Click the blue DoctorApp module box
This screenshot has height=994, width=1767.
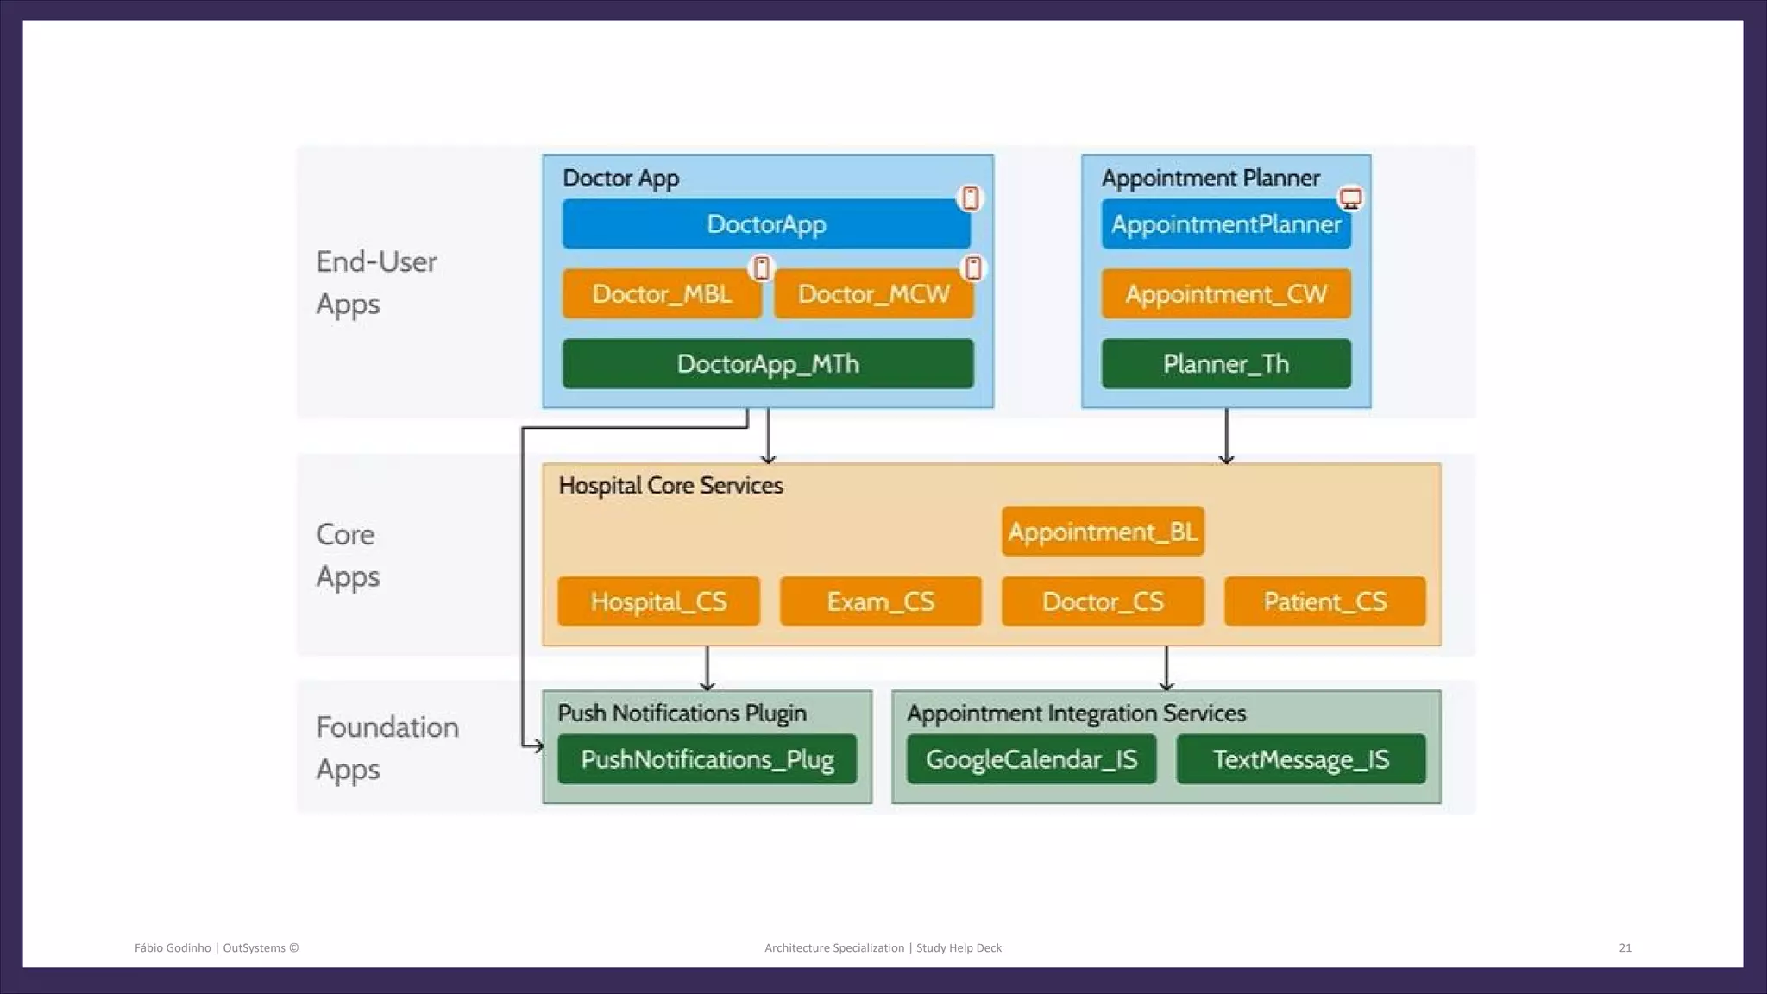click(x=766, y=224)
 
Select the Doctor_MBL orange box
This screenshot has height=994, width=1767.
click(x=662, y=294)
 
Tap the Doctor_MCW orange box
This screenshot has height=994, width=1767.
click(x=873, y=294)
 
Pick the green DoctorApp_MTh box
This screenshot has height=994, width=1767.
click(x=767, y=364)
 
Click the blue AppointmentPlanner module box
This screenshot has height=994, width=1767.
click(x=1225, y=224)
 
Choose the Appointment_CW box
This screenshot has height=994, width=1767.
click(x=1225, y=294)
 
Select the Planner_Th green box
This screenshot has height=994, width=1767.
click(x=1225, y=364)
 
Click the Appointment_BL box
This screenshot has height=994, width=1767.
click(x=1103, y=532)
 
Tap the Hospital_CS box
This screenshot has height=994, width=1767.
click(x=658, y=601)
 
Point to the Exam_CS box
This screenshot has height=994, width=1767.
click(x=880, y=601)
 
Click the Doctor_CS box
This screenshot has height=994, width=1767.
click(x=1103, y=601)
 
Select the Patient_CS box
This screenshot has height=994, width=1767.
click(x=1324, y=601)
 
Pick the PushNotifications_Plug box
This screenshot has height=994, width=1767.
click(x=707, y=759)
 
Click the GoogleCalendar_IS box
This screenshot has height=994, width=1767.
click(x=1031, y=759)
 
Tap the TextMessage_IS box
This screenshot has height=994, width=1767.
click(x=1300, y=759)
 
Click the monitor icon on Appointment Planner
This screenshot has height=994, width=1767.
click(x=1350, y=198)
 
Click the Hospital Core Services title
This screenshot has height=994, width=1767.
click(x=670, y=486)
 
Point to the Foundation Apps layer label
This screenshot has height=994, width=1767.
click(x=387, y=747)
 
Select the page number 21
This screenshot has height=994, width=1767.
click(x=1625, y=947)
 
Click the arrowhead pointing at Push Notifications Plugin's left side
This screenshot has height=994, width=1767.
click(x=538, y=745)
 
